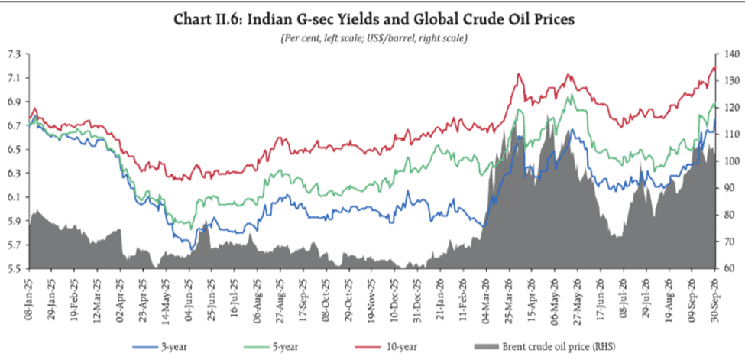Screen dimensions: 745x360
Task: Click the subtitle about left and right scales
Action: coord(374,38)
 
